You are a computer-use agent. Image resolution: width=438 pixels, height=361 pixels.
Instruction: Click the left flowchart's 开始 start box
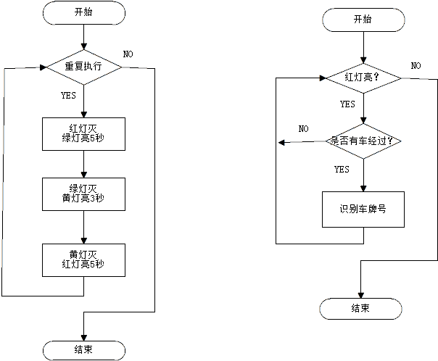pyautogui.click(x=84, y=13)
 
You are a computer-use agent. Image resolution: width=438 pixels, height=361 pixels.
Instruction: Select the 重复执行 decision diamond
pyautogui.click(x=84, y=67)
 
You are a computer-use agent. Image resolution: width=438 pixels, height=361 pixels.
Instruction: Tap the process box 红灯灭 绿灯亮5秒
pyautogui.click(x=84, y=134)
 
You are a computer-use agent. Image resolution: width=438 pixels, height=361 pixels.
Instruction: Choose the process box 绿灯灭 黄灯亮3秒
pyautogui.click(x=84, y=194)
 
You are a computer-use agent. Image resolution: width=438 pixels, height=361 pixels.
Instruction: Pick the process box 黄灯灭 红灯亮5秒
pyautogui.click(x=84, y=260)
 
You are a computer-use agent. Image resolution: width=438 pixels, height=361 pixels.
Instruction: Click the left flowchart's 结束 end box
pyautogui.click(x=84, y=350)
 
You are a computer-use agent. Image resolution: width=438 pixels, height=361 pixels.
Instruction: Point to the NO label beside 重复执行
pyautogui.click(x=128, y=54)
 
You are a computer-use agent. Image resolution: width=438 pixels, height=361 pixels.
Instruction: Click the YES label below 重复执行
pyautogui.click(x=68, y=96)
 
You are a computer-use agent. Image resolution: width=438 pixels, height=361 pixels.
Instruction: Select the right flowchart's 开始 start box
pyautogui.click(x=363, y=20)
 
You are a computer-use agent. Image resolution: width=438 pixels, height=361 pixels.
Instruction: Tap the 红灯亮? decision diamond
pyautogui.click(x=363, y=78)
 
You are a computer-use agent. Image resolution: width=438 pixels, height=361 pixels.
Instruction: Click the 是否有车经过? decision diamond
pyautogui.click(x=363, y=141)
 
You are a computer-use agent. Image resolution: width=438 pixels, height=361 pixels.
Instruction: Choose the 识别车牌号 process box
pyautogui.click(x=363, y=209)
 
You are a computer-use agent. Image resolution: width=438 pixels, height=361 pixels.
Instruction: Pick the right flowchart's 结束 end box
pyautogui.click(x=360, y=309)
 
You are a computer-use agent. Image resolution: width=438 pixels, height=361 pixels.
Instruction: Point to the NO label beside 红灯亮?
pyautogui.click(x=416, y=66)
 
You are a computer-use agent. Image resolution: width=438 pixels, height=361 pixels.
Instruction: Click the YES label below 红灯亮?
pyautogui.click(x=347, y=104)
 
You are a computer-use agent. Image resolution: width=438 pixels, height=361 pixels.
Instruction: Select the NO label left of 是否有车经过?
pyautogui.click(x=304, y=129)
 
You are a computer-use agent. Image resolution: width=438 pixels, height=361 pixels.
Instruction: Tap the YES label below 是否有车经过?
pyautogui.click(x=342, y=169)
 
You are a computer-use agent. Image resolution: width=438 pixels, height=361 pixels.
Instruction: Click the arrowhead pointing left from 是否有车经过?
pyautogui.click(x=281, y=143)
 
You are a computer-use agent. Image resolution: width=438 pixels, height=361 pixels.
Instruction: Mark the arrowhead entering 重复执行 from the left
pyautogui.click(x=43, y=67)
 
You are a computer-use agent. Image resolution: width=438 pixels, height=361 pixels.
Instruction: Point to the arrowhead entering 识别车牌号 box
pyautogui.click(x=363, y=188)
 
